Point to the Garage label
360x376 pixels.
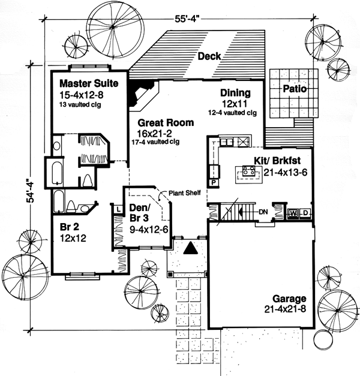point(289,299)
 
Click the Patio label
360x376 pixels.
point(295,89)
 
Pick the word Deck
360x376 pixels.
point(209,56)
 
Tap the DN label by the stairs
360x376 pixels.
point(263,212)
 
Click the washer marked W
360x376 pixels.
point(294,213)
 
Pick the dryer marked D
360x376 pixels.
point(305,213)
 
